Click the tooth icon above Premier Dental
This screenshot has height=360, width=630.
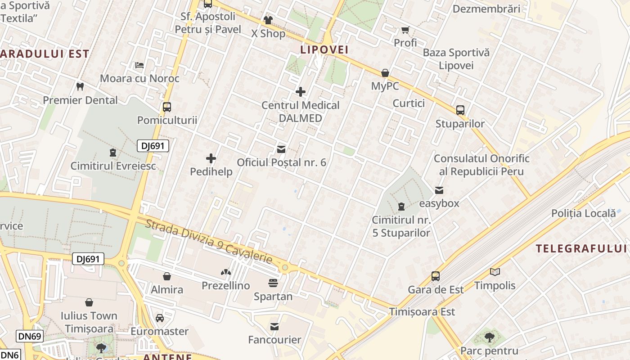click(80, 86)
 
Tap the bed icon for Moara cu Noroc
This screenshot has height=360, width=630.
click(139, 65)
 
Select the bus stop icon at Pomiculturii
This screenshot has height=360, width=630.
click(167, 107)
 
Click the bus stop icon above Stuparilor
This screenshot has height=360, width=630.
click(460, 110)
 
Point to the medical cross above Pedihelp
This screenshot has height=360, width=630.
click(211, 158)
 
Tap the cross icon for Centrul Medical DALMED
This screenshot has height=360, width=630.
click(301, 92)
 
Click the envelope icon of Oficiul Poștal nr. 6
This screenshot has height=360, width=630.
click(281, 149)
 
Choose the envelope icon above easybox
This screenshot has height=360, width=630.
click(439, 190)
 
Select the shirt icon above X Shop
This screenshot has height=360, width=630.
click(268, 20)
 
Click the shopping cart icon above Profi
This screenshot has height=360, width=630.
click(405, 30)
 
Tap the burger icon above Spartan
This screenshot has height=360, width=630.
click(273, 283)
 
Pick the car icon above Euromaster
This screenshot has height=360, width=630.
click(160, 318)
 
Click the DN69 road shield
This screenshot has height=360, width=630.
click(30, 336)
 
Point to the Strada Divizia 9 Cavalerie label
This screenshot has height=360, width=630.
click(209, 241)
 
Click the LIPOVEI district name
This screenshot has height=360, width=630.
click(324, 50)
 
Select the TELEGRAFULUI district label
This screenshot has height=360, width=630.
click(582, 248)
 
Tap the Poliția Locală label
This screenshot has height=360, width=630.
click(583, 213)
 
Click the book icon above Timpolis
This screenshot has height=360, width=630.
click(495, 272)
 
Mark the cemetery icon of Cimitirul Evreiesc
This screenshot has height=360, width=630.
click(112, 153)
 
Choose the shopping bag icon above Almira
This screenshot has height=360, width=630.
click(167, 276)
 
